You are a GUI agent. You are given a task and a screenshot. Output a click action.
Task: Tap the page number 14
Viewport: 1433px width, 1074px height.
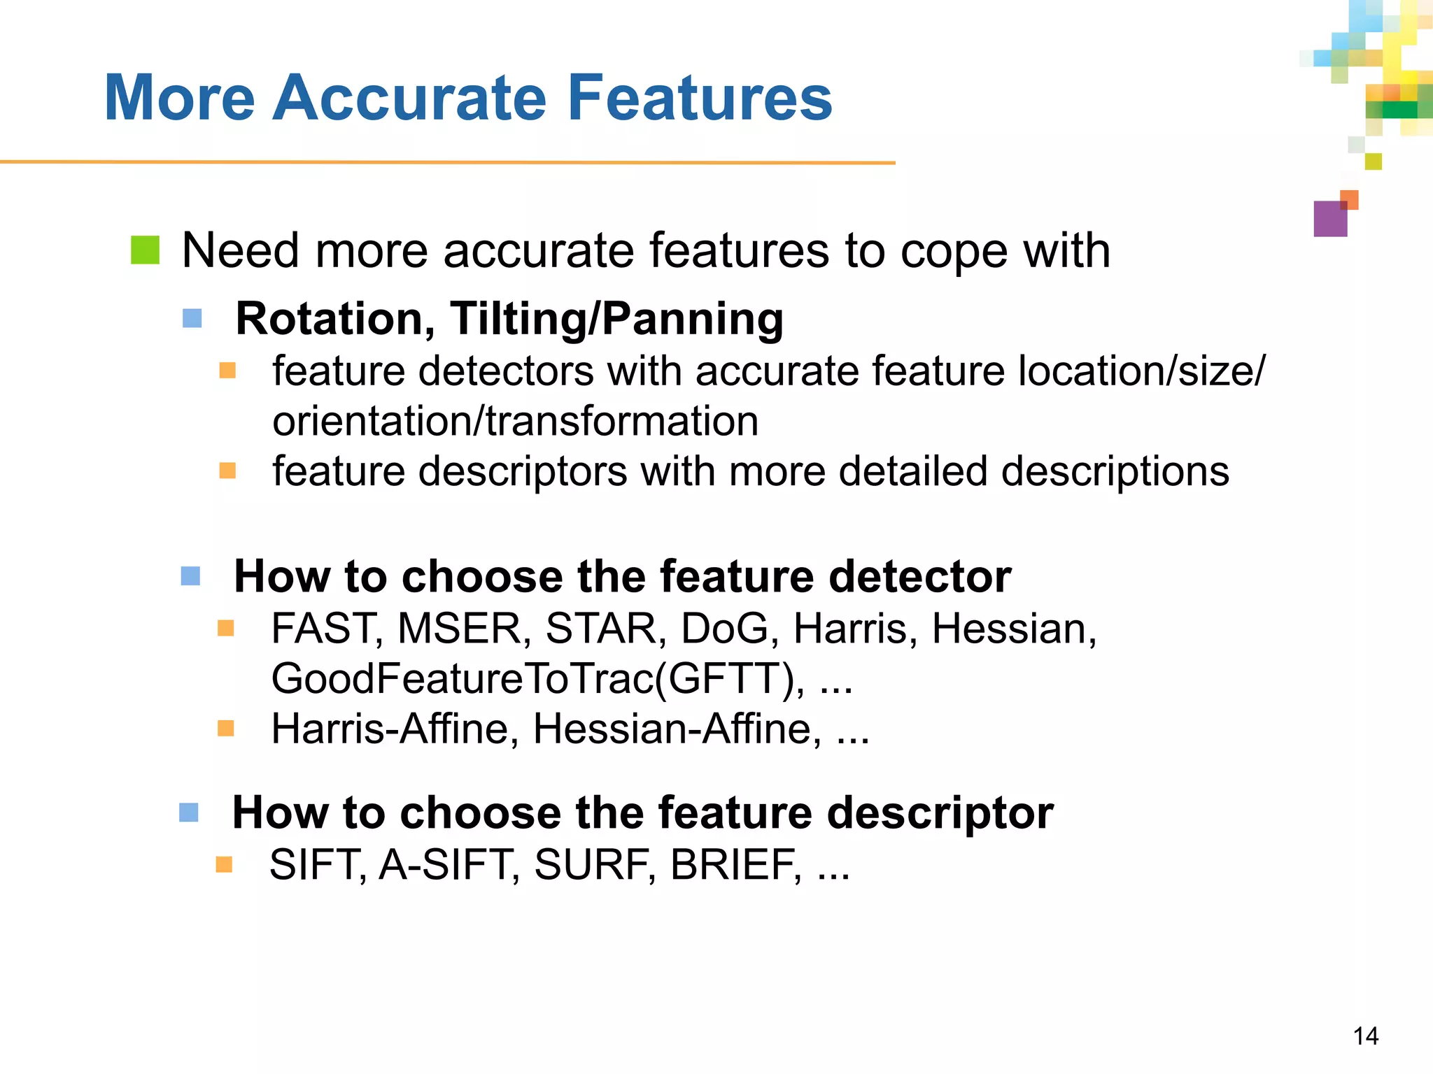(x=1365, y=1036)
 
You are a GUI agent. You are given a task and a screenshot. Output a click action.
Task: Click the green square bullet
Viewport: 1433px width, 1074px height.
(x=146, y=250)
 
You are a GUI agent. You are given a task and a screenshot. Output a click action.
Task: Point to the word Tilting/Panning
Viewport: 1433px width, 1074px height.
(x=616, y=319)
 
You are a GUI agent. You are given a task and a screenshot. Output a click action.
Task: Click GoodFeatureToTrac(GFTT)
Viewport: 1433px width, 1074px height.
(x=537, y=678)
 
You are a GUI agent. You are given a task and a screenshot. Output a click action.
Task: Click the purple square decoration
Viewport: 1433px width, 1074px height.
(x=1330, y=219)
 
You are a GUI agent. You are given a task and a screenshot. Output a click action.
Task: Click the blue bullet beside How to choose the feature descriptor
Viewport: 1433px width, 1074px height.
(x=189, y=812)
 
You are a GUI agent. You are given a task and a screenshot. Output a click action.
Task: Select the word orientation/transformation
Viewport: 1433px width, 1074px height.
(x=515, y=421)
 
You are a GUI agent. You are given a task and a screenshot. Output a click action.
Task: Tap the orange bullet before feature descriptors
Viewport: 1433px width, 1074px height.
(x=227, y=471)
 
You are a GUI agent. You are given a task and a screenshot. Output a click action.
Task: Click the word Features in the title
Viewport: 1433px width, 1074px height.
(x=700, y=98)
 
